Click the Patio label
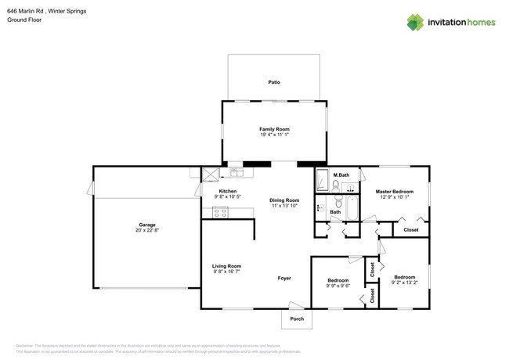click(x=274, y=81)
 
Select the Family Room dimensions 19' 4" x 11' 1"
click(x=274, y=135)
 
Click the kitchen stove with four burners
click(x=220, y=212)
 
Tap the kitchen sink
click(x=236, y=172)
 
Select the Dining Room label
click(x=285, y=200)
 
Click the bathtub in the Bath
click(x=352, y=208)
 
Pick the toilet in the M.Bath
click(x=336, y=185)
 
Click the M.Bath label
click(x=341, y=175)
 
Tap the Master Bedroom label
click(x=394, y=192)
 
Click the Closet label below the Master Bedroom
click(x=410, y=230)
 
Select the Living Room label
click(x=226, y=266)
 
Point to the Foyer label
click(x=284, y=278)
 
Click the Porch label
click(x=297, y=319)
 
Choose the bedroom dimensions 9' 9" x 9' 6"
click(x=338, y=286)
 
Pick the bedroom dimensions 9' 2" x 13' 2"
click(x=404, y=283)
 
